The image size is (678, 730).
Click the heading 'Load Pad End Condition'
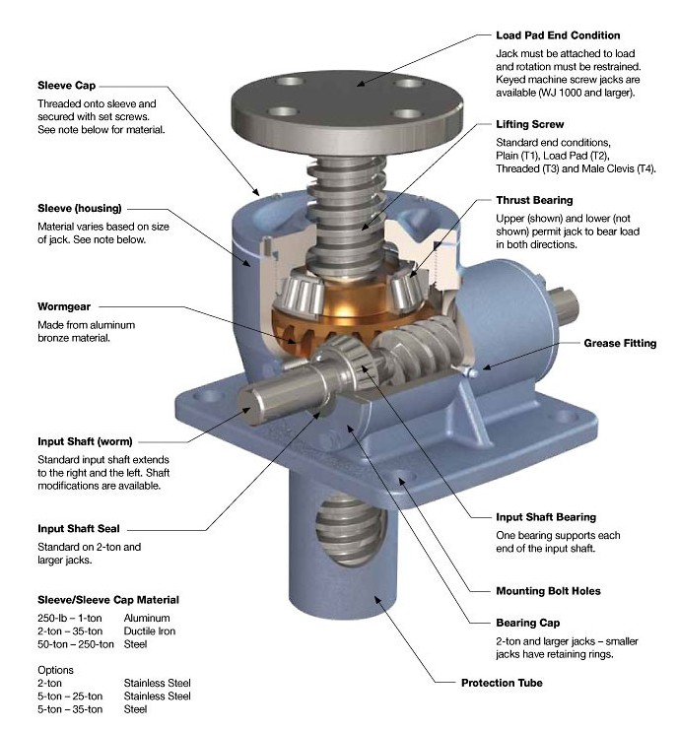558,35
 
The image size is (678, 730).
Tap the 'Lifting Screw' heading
531,125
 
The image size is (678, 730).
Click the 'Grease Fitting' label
620,344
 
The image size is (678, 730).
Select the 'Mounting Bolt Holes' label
548,591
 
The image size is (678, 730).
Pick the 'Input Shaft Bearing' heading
546,516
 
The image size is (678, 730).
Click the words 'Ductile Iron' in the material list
150,630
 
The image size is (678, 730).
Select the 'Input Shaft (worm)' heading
85,440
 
